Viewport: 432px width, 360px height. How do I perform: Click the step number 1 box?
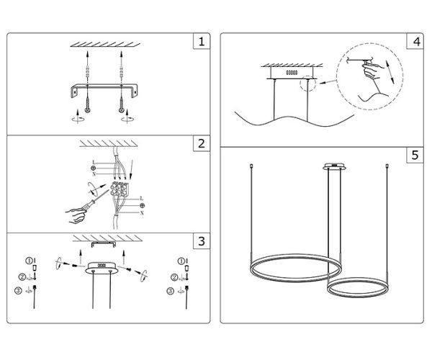[x=202, y=42]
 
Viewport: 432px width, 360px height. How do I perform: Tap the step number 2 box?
[x=202, y=143]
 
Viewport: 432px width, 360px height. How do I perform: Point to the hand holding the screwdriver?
[x=77, y=212]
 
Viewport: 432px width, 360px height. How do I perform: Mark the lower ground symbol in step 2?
[x=141, y=206]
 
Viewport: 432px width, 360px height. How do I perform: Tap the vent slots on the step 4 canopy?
[x=292, y=73]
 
